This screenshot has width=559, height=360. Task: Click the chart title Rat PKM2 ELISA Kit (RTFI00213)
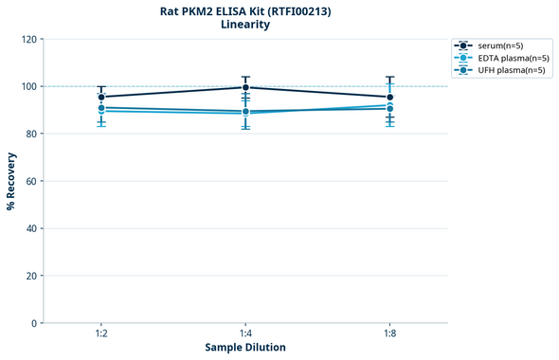(244, 10)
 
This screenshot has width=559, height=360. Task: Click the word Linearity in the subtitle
(244, 25)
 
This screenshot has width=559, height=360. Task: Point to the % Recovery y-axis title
(11, 181)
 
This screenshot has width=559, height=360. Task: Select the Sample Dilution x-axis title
(245, 348)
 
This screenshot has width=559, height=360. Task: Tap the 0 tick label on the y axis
(34, 323)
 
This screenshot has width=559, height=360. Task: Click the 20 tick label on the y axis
(31, 276)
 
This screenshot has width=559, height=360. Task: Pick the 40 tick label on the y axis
(31, 228)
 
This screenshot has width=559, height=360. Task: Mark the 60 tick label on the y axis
(31, 181)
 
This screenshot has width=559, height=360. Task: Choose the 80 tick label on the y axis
(31, 134)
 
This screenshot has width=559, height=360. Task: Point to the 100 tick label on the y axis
(28, 86)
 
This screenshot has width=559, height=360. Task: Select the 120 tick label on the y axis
(28, 39)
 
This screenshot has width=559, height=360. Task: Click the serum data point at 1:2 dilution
(101, 97)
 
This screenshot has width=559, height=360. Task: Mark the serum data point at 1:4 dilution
(245, 87)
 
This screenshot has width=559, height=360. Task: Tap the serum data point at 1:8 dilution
(389, 97)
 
